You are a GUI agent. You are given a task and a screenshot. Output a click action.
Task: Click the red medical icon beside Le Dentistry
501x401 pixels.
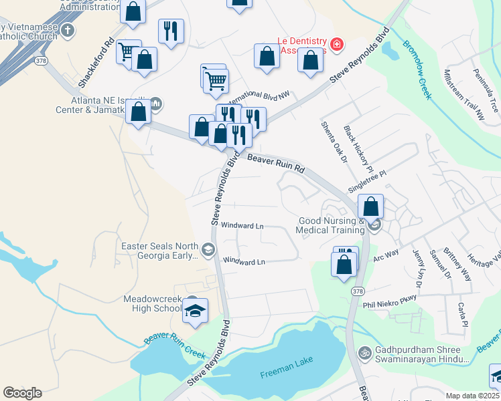336,45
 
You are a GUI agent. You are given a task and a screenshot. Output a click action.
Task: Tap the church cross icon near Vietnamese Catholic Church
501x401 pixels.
67,30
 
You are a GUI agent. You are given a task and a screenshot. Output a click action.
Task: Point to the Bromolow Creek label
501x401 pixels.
416,70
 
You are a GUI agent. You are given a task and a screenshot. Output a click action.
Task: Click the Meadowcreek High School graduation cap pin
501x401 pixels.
196,310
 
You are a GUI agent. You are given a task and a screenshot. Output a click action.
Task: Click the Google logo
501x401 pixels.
22,392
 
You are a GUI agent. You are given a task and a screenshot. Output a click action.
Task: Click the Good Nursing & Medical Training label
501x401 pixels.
332,225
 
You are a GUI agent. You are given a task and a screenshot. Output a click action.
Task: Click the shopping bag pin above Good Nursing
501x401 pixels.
370,207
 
